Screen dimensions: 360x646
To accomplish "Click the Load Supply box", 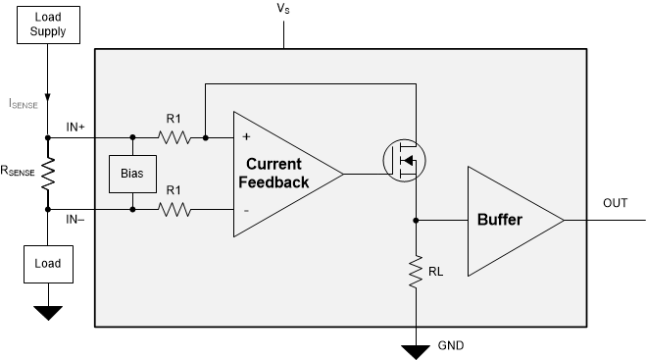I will pyautogui.click(x=48, y=26).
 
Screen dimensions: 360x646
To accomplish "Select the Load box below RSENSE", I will pyautogui.click(x=48, y=263).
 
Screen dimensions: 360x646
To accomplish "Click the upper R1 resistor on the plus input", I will pyautogui.click(x=174, y=137).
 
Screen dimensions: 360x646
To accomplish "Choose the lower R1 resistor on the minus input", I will pyautogui.click(x=174, y=209).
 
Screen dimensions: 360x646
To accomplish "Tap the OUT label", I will pyautogui.click(x=615, y=203).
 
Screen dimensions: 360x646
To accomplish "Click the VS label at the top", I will pyautogui.click(x=282, y=9).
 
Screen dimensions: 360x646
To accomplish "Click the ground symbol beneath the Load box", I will pyautogui.click(x=48, y=313).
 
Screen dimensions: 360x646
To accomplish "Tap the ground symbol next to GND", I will pyautogui.click(x=416, y=350).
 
